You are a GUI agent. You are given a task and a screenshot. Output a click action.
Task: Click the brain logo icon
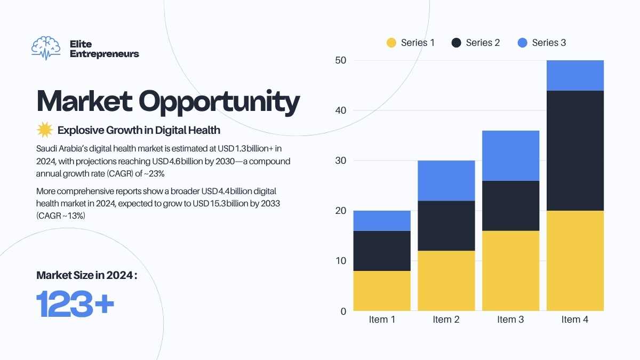[x=46, y=47]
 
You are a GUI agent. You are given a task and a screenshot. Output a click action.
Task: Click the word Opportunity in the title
[x=219, y=103]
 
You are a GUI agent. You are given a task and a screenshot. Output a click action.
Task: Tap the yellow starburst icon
[x=45, y=130]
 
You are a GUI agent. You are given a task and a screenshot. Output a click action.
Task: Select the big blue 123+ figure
[x=75, y=303]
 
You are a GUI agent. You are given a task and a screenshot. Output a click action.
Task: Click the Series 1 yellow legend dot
[x=391, y=43]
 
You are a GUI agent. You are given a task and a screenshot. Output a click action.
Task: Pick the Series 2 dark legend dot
[x=457, y=43]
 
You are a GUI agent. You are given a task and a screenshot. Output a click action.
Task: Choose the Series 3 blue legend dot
[x=522, y=43]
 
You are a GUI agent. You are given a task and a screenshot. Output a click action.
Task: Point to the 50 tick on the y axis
[x=341, y=60]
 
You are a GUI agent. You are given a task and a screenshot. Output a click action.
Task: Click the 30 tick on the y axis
[x=341, y=161]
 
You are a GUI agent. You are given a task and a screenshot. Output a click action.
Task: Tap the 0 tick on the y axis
[x=343, y=311]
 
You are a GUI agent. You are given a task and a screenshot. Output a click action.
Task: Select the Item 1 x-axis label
[x=382, y=319]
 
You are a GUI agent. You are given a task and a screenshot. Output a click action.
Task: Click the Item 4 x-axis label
[x=575, y=319]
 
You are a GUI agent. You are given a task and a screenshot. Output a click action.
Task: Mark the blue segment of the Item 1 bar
[x=382, y=221]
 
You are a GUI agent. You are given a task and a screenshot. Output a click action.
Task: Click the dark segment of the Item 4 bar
[x=575, y=150]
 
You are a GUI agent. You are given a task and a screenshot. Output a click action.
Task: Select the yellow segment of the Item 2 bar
[x=446, y=281]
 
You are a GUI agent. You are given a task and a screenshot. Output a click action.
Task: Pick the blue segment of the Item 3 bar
[x=510, y=156]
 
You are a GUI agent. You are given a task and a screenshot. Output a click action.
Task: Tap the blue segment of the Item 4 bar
[x=575, y=75]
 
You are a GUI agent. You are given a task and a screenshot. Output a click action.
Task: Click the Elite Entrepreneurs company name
[x=105, y=49]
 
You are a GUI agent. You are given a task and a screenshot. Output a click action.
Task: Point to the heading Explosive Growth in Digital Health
[x=139, y=130]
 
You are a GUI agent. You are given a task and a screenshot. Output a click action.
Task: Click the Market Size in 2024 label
[x=86, y=275]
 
